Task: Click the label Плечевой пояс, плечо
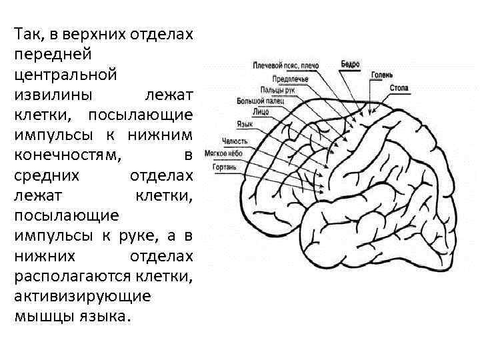(285, 66)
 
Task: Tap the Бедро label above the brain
(350, 65)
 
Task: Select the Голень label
(382, 74)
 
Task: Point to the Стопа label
(399, 88)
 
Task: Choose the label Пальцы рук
(277, 89)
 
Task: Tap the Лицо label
(261, 113)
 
